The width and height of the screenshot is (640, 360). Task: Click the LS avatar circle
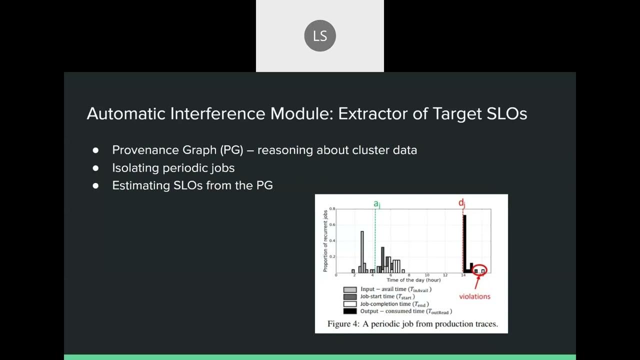(x=320, y=36)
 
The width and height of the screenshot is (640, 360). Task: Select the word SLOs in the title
(x=506, y=113)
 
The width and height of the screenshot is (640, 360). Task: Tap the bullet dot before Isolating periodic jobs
(x=95, y=168)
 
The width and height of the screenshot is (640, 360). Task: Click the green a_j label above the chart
(x=377, y=203)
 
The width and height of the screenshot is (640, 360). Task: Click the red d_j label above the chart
(x=462, y=203)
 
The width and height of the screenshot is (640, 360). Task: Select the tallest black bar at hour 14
(x=464, y=243)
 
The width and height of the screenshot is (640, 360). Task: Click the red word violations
(x=474, y=296)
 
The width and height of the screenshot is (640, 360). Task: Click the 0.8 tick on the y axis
(x=332, y=208)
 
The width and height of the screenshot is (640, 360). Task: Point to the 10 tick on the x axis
(x=426, y=275)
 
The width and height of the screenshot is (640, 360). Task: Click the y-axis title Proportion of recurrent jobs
(x=325, y=240)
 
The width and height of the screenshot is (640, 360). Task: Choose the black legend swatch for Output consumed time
(x=350, y=311)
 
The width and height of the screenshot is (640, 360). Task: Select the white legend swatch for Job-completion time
(x=350, y=304)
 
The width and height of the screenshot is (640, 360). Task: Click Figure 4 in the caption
(x=343, y=324)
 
